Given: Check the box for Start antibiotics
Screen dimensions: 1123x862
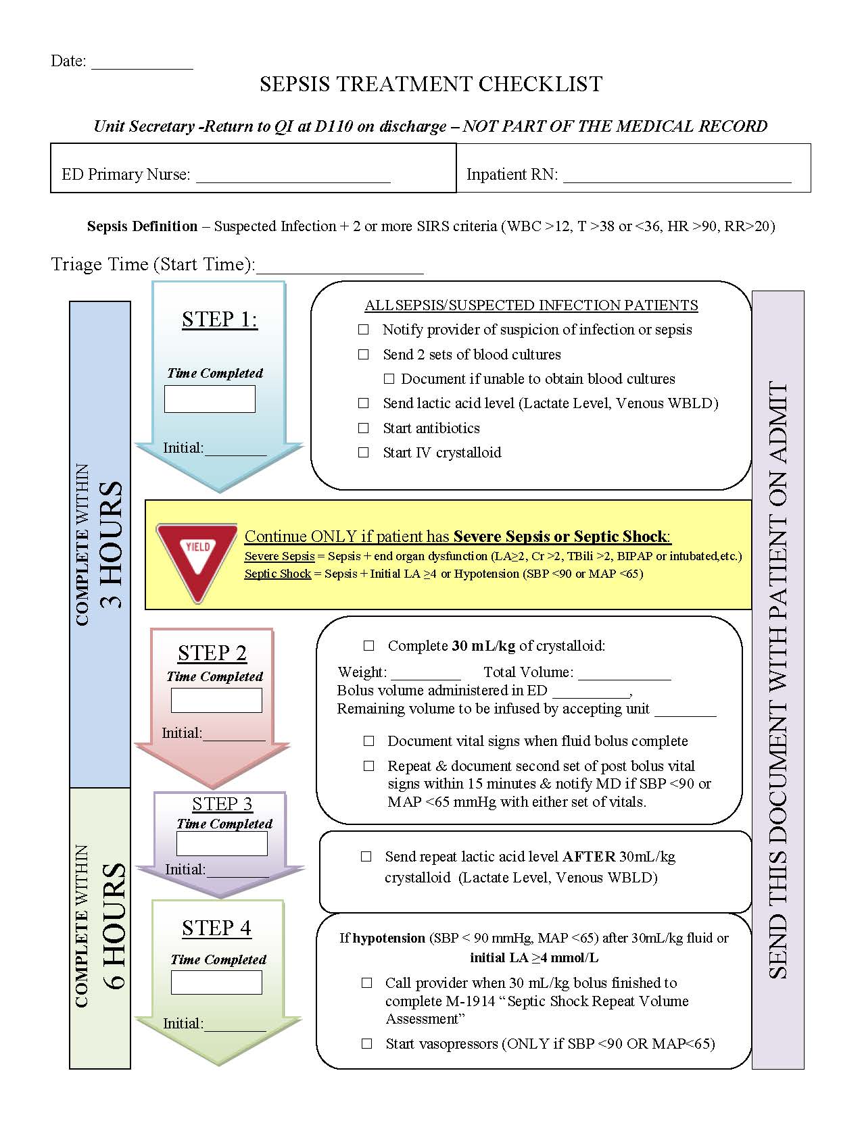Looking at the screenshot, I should tap(364, 428).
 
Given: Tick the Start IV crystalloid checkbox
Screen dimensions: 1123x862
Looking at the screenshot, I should tap(364, 453).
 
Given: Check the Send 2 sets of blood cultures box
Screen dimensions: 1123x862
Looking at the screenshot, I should tap(364, 355).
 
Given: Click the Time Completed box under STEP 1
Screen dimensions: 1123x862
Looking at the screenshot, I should tap(210, 399).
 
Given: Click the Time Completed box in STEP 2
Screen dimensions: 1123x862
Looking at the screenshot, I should tap(216, 700).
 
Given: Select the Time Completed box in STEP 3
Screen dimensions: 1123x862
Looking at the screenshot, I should tap(222, 844).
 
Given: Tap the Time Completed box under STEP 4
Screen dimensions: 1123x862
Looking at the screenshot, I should tap(216, 982).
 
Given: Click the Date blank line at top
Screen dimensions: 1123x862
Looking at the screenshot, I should tap(142, 64).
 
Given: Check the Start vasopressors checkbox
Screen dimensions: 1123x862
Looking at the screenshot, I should tap(367, 1044).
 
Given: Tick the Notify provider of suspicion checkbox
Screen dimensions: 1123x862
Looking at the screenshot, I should tap(364, 330).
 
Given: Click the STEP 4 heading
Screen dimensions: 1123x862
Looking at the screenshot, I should tap(216, 928).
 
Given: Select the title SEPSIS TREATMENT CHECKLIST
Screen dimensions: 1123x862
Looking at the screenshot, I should tap(431, 84).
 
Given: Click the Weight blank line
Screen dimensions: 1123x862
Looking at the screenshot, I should tap(425, 675).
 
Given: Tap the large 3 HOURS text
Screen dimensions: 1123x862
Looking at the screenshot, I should tap(112, 544).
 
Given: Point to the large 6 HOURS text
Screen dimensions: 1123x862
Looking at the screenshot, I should tap(114, 926).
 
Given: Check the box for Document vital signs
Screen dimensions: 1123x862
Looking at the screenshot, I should tap(369, 741).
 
